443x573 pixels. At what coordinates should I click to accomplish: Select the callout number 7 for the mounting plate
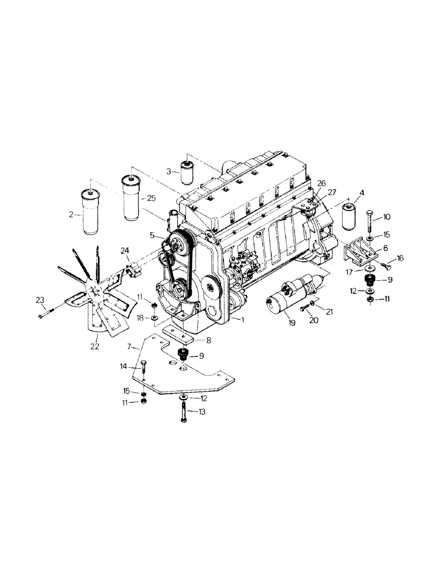tap(131, 347)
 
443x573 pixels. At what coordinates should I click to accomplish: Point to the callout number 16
tap(400, 258)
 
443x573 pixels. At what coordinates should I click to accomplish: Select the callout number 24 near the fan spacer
tap(125, 250)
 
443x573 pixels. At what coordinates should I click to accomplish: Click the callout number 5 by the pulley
tap(153, 235)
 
